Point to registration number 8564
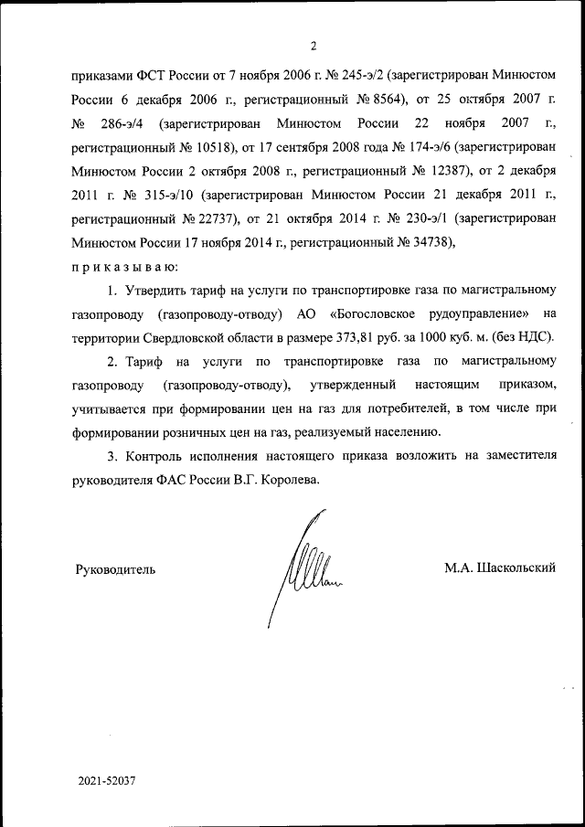(374, 99)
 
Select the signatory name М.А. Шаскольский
(500, 568)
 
